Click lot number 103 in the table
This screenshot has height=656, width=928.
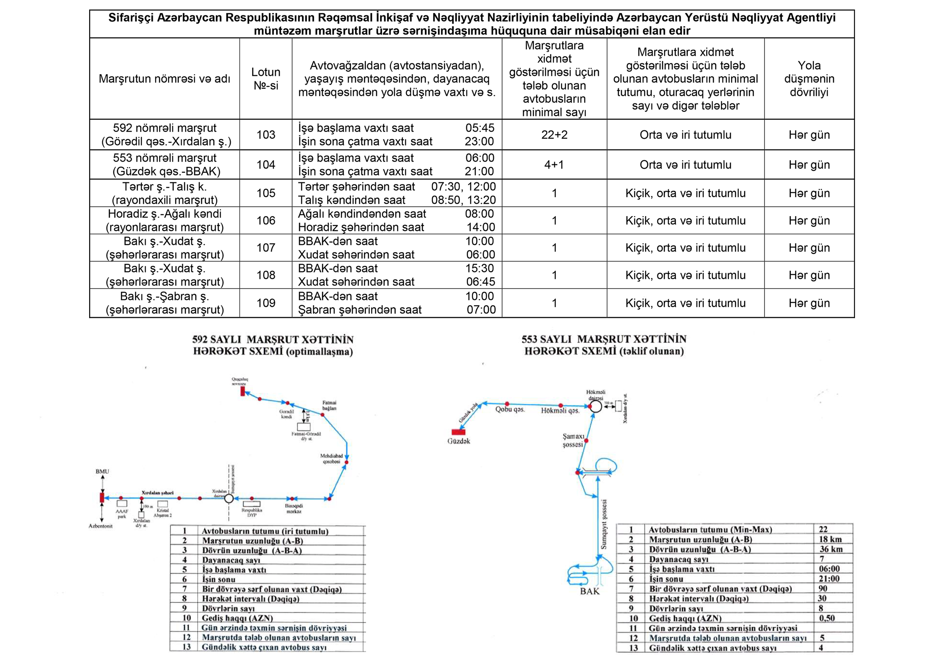coord(266,135)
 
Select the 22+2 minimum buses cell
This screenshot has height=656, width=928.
coord(554,135)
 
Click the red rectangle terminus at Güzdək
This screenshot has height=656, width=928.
coord(458,432)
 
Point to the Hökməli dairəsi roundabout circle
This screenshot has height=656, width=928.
coord(595,406)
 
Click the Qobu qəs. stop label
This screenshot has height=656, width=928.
coord(510,409)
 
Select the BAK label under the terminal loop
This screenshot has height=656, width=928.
coord(590,591)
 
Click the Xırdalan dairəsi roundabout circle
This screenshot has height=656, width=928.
coord(229,498)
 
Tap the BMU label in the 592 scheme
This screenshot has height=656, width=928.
coord(102,471)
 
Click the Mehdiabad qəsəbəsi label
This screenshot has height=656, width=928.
coord(331,458)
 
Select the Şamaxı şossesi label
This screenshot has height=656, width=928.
coord(573,440)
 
